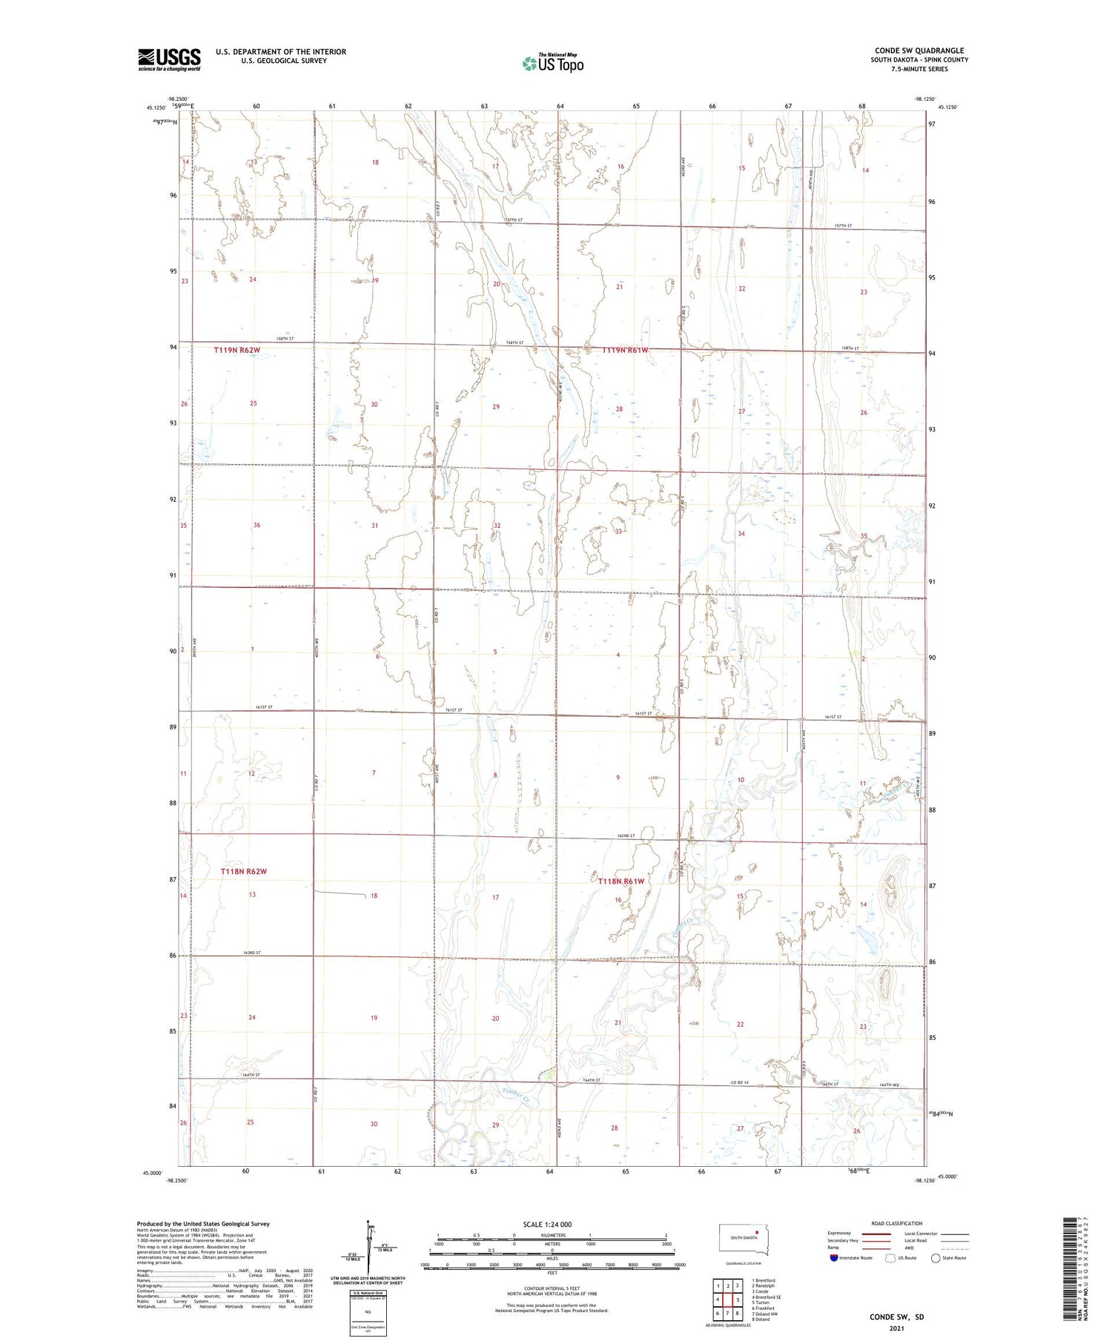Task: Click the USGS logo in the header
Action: pyautogui.click(x=169, y=59)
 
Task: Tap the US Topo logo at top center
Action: pyautogui.click(x=552, y=63)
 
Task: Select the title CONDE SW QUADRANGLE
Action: pyautogui.click(x=919, y=51)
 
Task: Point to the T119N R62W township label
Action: pyautogui.click(x=237, y=350)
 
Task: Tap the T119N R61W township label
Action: pyautogui.click(x=625, y=350)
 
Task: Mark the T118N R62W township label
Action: pyautogui.click(x=243, y=872)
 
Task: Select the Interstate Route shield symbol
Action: pyautogui.click(x=835, y=1258)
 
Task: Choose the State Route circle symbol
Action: pyautogui.click(x=936, y=1258)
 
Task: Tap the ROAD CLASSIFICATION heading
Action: pyautogui.click(x=897, y=1223)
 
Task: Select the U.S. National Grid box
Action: pyautogui.click(x=368, y=1313)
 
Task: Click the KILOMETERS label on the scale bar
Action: pyautogui.click(x=552, y=1235)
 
